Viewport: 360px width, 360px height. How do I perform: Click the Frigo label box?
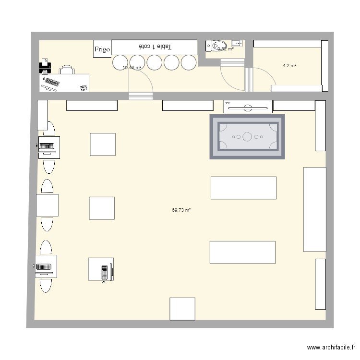[x=102, y=49]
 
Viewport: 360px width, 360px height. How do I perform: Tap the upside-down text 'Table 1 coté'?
[x=155, y=47]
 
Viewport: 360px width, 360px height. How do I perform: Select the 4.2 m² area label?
[x=289, y=65]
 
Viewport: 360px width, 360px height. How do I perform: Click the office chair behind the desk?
[x=67, y=71]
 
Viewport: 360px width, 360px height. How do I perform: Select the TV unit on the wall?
[x=248, y=107]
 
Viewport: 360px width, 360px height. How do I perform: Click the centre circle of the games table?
[x=247, y=137]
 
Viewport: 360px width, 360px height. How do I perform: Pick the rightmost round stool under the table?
[x=189, y=62]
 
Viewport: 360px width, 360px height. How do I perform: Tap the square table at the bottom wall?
[x=182, y=309]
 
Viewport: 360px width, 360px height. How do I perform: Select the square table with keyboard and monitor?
[x=100, y=269]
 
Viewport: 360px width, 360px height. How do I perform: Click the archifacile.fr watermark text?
[x=331, y=348]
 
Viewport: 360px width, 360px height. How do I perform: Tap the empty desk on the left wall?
[x=48, y=205]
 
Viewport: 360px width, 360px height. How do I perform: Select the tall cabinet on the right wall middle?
[x=314, y=209]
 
